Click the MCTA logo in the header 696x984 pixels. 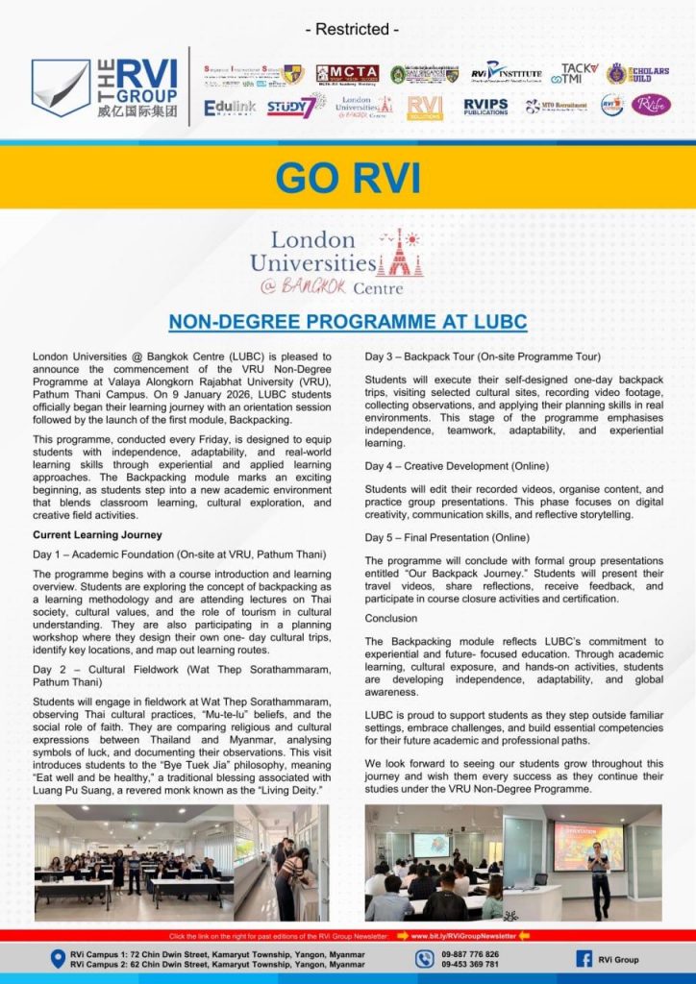(x=346, y=73)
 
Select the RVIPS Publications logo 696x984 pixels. (x=485, y=106)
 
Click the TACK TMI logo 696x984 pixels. (x=579, y=73)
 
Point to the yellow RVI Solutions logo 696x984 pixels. (x=424, y=107)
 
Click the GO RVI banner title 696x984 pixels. (x=347, y=178)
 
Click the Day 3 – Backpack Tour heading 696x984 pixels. (x=483, y=357)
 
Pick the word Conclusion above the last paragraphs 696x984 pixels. (x=391, y=618)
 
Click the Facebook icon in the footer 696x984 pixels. (x=584, y=959)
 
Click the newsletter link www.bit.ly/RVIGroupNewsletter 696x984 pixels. (x=465, y=935)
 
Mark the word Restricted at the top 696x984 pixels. (x=348, y=30)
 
